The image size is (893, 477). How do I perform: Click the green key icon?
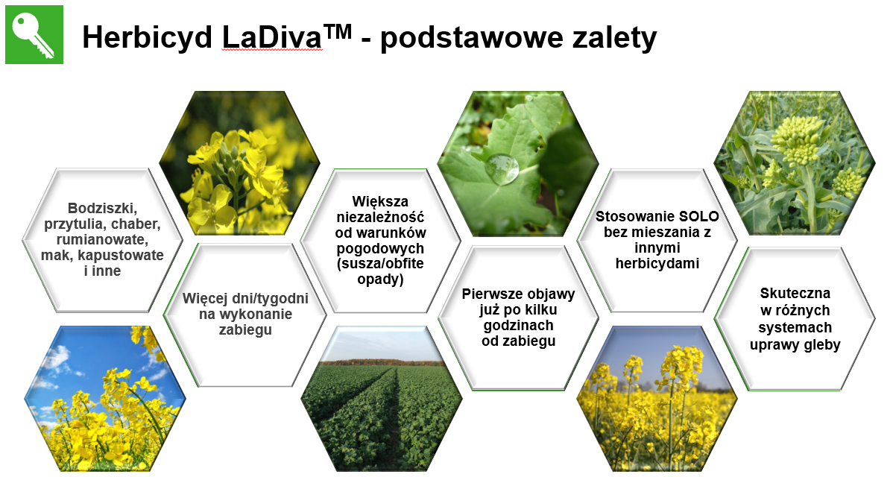click(34, 35)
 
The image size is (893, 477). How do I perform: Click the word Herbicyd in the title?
click(147, 37)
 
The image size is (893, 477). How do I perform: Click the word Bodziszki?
click(103, 209)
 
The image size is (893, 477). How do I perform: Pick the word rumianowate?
click(102, 240)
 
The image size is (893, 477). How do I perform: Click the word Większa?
click(380, 201)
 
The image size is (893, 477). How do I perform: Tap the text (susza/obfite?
click(380, 264)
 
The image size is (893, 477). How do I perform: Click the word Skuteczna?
click(795, 293)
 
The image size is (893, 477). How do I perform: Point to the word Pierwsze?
click(494, 294)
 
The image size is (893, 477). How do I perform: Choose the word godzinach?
click(518, 326)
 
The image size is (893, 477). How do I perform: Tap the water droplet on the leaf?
click(503, 168)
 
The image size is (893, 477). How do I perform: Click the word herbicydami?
click(657, 264)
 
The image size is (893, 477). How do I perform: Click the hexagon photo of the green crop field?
click(381, 399)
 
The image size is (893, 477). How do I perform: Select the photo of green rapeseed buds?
click(794, 162)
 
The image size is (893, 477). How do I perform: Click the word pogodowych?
click(380, 248)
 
